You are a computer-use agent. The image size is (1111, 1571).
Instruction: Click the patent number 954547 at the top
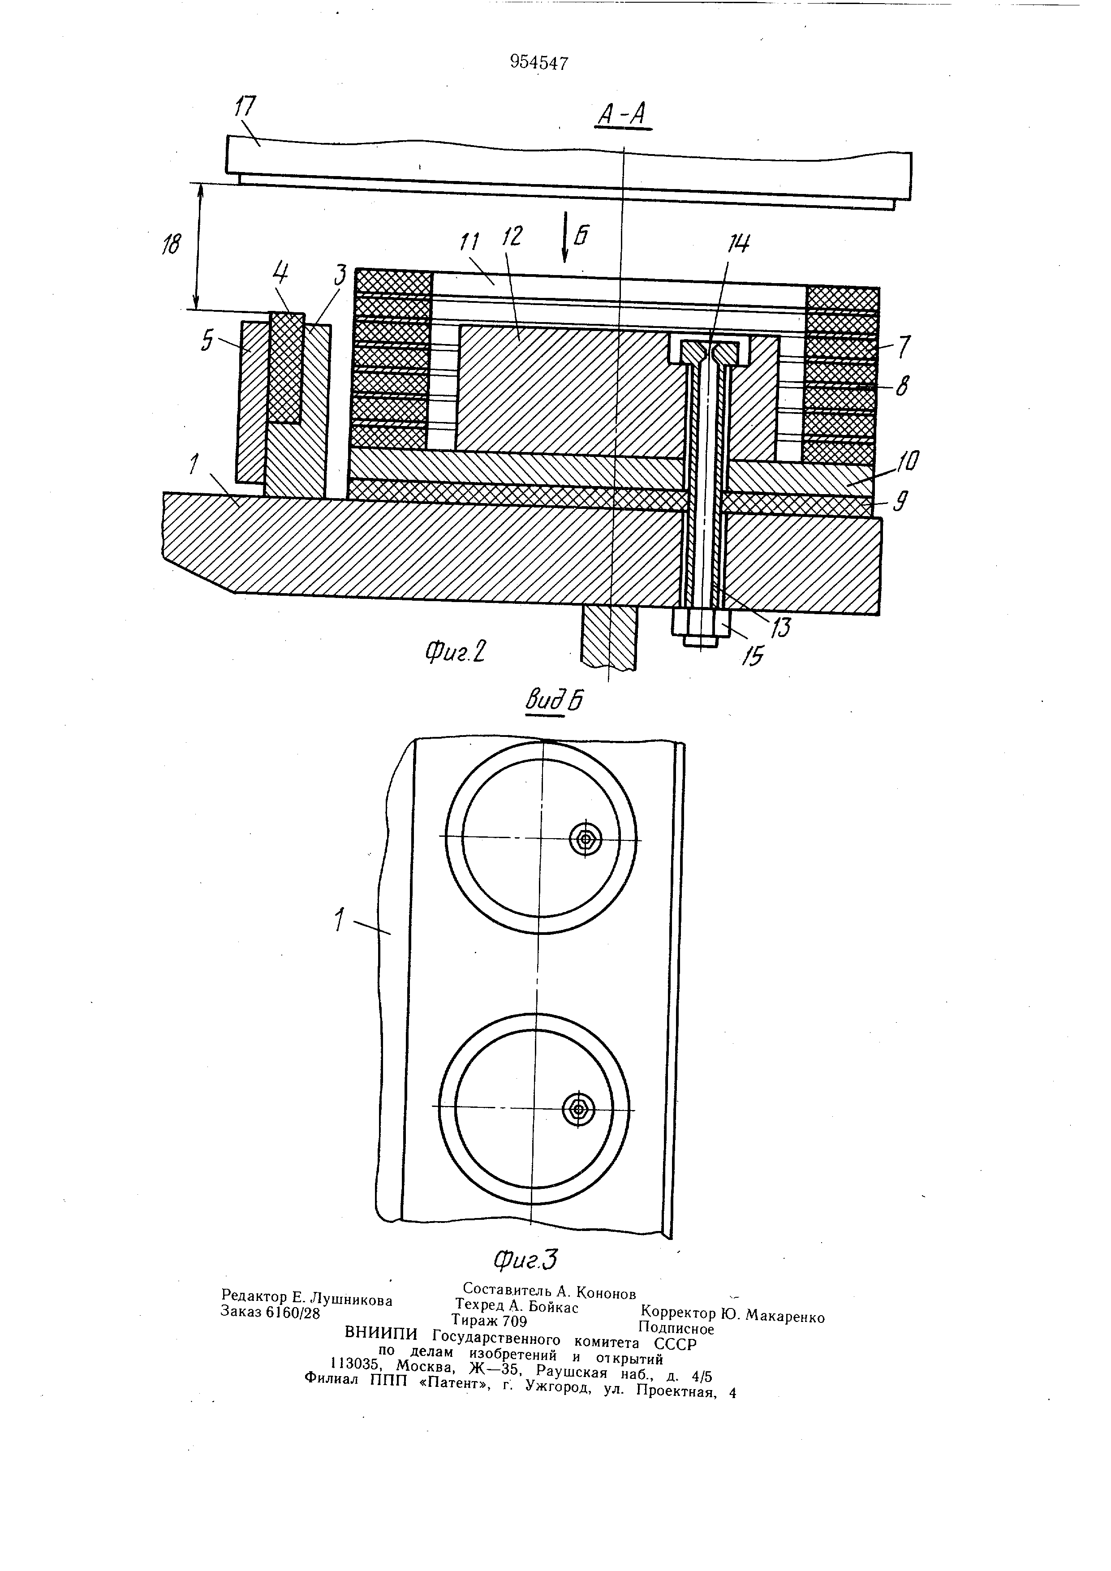click(539, 63)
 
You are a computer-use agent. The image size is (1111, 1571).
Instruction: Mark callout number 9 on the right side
click(902, 504)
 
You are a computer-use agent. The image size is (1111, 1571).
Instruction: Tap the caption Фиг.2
click(456, 654)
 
